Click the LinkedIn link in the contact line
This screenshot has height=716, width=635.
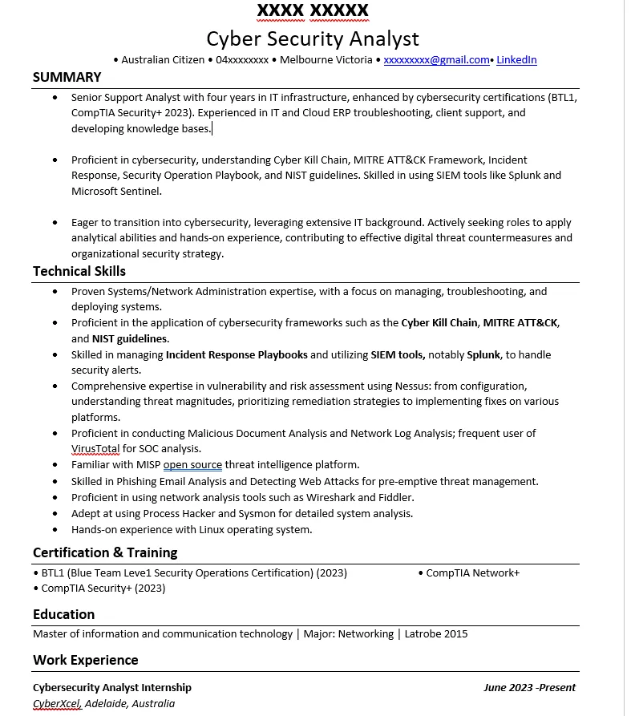tap(516, 60)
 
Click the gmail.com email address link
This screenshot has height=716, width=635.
tap(436, 60)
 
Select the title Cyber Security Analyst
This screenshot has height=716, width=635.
tap(313, 38)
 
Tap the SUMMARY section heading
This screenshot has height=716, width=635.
tap(67, 77)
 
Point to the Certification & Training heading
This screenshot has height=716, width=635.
tap(105, 552)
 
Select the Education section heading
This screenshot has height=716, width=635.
tap(63, 614)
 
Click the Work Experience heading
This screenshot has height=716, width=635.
tap(85, 660)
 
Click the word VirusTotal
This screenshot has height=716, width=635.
tap(95, 449)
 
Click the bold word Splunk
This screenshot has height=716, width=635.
tap(483, 354)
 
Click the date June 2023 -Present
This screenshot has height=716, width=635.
tap(529, 687)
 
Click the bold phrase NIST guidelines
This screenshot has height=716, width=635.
tap(131, 338)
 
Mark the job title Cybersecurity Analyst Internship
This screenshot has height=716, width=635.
tap(112, 687)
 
